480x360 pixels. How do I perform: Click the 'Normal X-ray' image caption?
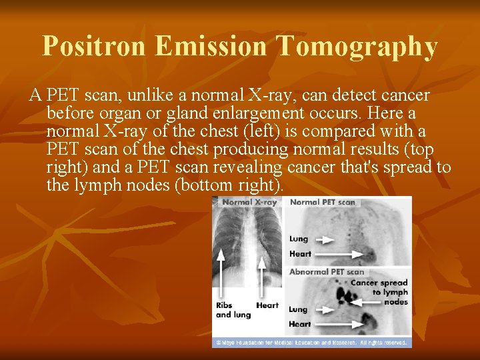249,202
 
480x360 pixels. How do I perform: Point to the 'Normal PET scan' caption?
323,202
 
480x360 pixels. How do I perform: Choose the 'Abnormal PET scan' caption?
327,271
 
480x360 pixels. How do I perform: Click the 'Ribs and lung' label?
232,309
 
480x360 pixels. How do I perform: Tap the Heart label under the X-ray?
267,305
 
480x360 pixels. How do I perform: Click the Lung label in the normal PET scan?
299,239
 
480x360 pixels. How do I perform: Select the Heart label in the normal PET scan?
300,254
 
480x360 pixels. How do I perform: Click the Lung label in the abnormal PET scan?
298,309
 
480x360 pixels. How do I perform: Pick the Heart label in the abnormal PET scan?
300,324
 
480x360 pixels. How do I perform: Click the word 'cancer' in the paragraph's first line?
397,96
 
